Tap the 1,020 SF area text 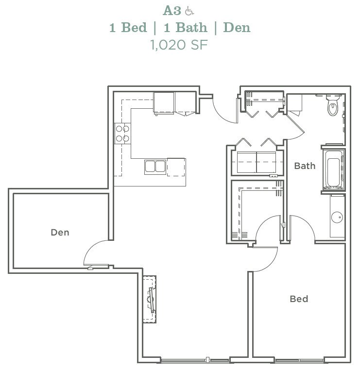(x=179, y=45)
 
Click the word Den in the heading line (x=237, y=27)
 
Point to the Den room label (x=60, y=233)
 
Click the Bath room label (x=305, y=166)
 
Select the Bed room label (x=299, y=299)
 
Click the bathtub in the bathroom (x=333, y=169)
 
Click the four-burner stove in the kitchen (x=122, y=134)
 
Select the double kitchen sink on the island (x=155, y=167)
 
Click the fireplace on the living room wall (x=150, y=299)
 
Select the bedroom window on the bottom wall (x=299, y=360)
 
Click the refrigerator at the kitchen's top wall (x=164, y=103)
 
